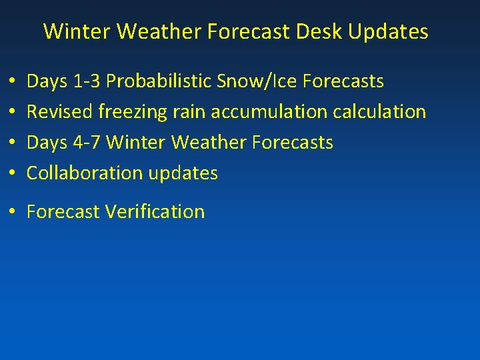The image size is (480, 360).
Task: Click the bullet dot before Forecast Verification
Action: point(13,213)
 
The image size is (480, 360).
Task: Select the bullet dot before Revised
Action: point(13,113)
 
